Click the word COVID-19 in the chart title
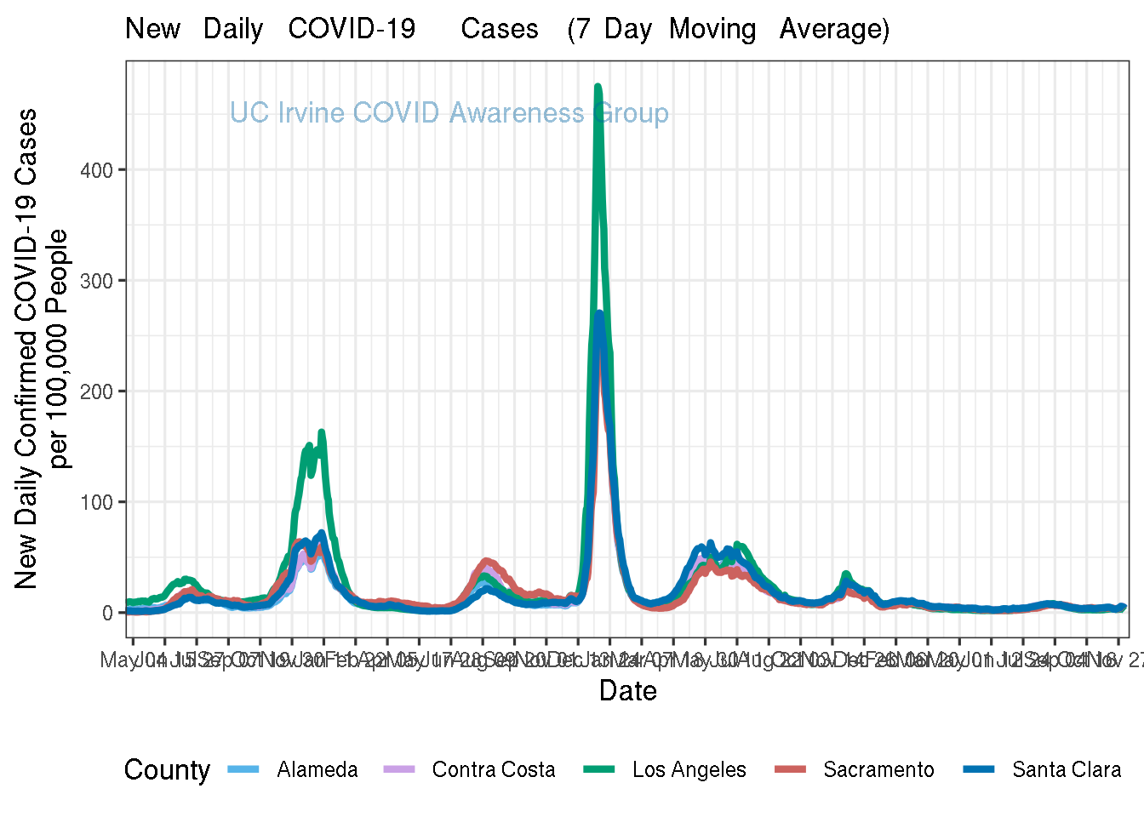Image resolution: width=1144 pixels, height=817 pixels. (352, 29)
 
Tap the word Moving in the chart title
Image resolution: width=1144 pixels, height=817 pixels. (712, 29)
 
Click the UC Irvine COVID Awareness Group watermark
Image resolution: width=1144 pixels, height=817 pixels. (449, 113)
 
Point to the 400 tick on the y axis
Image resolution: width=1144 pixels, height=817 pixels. (96, 170)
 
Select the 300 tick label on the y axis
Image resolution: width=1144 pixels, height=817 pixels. (96, 281)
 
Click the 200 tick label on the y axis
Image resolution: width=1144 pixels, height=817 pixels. (96, 391)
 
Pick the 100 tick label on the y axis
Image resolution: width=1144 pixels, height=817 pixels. (96, 502)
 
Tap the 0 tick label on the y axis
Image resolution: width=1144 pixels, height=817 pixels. (108, 613)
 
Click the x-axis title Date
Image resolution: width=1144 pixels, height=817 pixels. (627, 690)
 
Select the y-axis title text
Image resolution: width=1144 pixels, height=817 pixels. (41, 349)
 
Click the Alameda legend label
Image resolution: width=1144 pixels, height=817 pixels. (317, 770)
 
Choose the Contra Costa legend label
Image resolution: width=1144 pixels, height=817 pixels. (494, 770)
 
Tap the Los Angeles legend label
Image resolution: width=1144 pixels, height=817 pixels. (689, 770)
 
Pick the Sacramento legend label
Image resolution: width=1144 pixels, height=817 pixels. (878, 770)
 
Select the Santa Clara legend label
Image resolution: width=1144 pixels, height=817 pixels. (1067, 770)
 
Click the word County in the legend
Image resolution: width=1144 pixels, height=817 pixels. (167, 770)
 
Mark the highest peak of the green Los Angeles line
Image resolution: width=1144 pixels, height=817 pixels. (598, 86)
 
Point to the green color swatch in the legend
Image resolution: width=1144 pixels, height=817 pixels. (598, 770)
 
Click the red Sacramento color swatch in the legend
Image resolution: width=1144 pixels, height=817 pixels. (790, 770)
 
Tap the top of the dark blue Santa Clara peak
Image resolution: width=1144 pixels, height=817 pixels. (599, 313)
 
